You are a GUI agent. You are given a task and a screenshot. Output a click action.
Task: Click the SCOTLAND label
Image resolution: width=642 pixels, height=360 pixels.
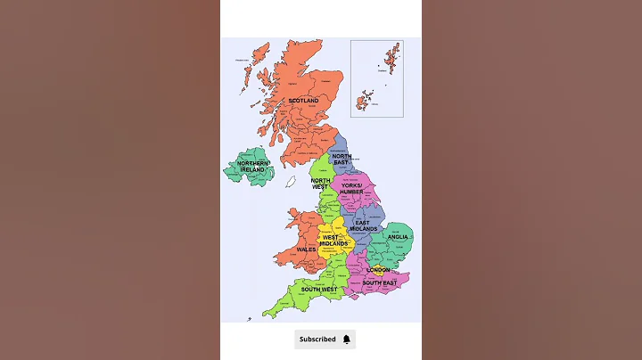coord(303,101)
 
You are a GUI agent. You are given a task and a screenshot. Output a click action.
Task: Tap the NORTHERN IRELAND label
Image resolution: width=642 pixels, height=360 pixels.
coord(253,167)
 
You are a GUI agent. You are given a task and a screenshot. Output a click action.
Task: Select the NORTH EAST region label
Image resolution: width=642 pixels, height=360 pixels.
coord(342,159)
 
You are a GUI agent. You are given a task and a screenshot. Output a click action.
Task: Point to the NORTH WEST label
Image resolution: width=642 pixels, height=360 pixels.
coord(320,183)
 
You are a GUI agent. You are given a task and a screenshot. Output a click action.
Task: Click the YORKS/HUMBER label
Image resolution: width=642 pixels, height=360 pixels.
coord(351,188)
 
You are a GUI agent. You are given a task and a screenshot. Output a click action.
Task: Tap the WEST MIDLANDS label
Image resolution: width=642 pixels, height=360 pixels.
coord(334,240)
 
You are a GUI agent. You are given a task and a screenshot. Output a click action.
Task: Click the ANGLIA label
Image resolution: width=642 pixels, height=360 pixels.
coord(398,237)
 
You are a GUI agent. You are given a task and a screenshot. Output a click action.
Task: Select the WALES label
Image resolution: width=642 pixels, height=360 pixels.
coord(307,250)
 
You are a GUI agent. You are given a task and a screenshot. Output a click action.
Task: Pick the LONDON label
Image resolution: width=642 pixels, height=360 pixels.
coord(378,269)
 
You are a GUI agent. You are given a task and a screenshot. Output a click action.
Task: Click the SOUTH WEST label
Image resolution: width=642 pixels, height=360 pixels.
coord(318,289)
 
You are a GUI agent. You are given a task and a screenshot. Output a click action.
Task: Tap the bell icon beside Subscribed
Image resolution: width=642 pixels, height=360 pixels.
coord(346,339)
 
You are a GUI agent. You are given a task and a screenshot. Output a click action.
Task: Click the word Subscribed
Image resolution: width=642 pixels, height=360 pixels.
coord(317,339)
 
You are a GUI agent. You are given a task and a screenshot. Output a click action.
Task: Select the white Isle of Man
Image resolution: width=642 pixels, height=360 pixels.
coord(291,182)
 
